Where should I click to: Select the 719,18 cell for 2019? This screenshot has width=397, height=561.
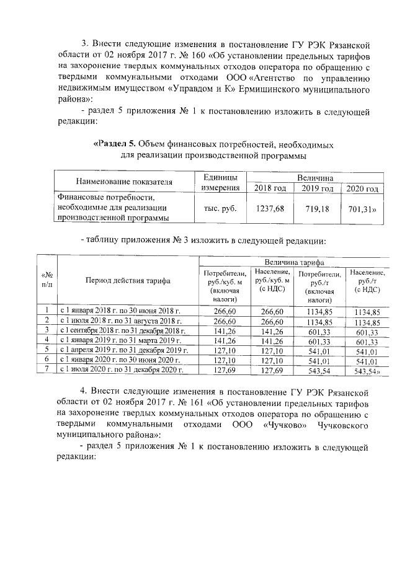click(315, 209)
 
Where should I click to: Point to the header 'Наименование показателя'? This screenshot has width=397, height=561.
click(124, 182)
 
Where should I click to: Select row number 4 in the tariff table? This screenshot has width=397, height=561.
click(47, 340)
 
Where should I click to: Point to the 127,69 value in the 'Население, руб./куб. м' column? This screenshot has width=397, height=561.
click(271, 370)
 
